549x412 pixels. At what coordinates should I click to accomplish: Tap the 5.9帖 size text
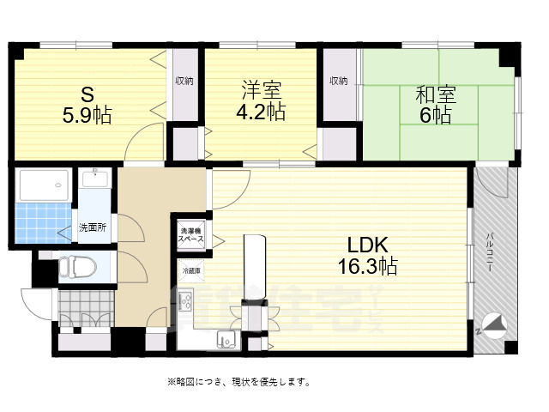point(86,114)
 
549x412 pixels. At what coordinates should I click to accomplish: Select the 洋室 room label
point(261,90)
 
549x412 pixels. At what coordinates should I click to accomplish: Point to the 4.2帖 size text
point(261,112)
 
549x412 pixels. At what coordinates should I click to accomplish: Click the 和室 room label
point(436,93)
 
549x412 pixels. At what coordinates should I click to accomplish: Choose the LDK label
point(366,244)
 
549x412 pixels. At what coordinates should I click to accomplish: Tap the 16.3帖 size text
point(366,266)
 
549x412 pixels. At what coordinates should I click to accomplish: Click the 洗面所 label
point(92,227)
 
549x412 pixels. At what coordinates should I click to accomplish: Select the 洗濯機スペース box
point(190,234)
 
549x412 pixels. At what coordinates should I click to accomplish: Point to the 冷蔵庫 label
point(190,270)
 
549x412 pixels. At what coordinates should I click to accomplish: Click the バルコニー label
point(488,252)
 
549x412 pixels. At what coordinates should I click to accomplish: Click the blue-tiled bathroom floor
point(42,222)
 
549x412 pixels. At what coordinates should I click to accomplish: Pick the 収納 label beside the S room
point(184,81)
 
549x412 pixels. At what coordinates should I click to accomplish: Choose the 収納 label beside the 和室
point(338,81)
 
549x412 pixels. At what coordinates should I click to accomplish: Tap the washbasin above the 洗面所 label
point(94,179)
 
